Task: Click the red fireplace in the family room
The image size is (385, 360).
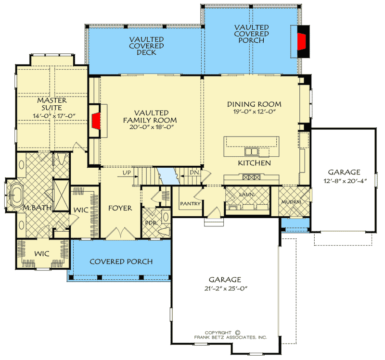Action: click(x=97, y=121)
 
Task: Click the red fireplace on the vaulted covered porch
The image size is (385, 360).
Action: click(x=302, y=42)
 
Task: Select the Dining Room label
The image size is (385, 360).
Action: click(x=254, y=104)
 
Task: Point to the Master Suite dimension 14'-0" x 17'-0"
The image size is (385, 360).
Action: click(x=54, y=116)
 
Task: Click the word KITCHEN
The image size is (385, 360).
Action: click(x=255, y=163)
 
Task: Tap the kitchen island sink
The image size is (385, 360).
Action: click(x=251, y=151)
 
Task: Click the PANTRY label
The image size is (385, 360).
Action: click(x=190, y=203)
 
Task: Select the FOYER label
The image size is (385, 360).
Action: click(x=120, y=208)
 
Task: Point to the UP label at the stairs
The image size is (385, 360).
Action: click(x=127, y=173)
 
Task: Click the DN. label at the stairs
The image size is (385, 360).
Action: click(x=194, y=173)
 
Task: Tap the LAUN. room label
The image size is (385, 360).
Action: click(x=247, y=195)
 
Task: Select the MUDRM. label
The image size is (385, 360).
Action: click(x=292, y=202)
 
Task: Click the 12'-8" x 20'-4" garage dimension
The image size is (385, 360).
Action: click(x=345, y=181)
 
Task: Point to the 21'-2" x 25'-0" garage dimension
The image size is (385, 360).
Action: click(x=226, y=288)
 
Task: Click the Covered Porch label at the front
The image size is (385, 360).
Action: click(x=121, y=261)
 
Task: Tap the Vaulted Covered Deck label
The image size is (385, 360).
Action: click(x=147, y=46)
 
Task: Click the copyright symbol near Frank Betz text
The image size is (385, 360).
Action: click(x=237, y=333)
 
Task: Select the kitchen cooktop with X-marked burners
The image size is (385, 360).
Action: click(x=251, y=177)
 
